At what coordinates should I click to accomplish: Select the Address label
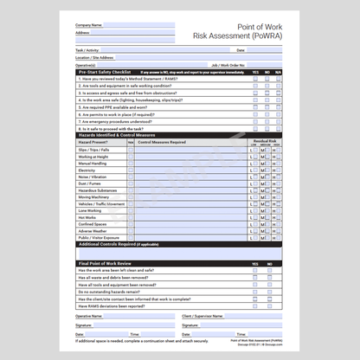point(82,32)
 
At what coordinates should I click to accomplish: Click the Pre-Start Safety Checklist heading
point(105,72)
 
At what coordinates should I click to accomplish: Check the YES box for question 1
point(255,79)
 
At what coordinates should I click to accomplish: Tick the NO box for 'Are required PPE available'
point(267,106)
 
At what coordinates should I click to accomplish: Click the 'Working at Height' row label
point(93,156)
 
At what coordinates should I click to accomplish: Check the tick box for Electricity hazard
point(131,170)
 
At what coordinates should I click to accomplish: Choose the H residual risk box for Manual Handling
point(276,163)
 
